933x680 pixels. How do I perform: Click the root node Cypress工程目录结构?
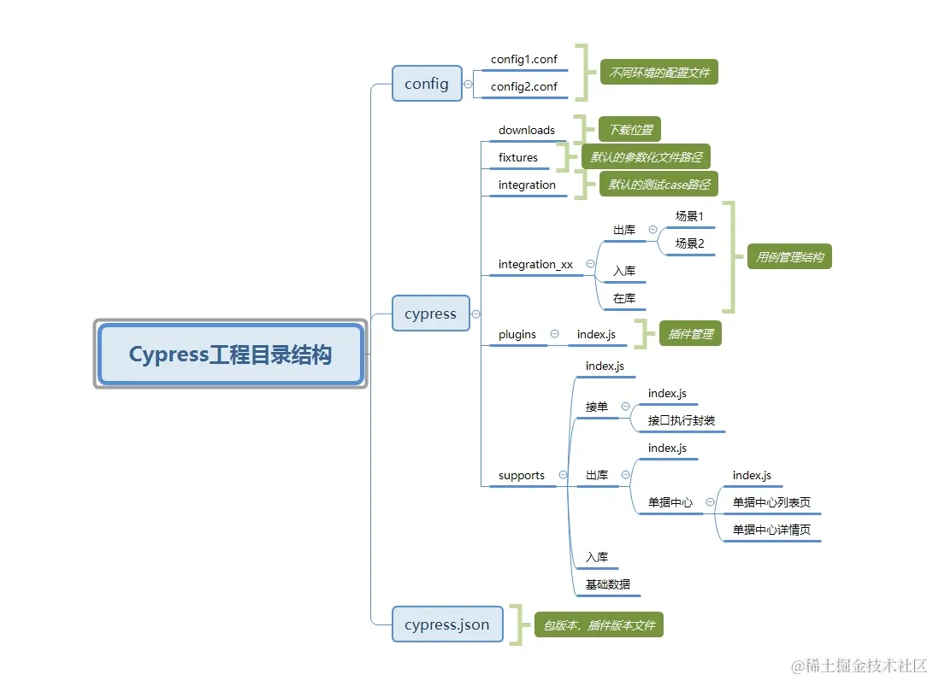pyautogui.click(x=230, y=355)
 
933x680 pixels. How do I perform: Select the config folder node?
pyautogui.click(x=427, y=83)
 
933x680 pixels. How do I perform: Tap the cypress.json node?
pyautogui.click(x=447, y=624)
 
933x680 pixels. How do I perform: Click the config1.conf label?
pyautogui.click(x=523, y=60)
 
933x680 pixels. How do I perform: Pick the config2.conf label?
pyautogui.click(x=523, y=86)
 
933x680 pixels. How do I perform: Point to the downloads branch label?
pyautogui.click(x=527, y=130)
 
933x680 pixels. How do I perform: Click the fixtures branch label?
pyautogui.click(x=518, y=157)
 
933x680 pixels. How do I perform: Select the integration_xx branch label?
pyautogui.click(x=535, y=264)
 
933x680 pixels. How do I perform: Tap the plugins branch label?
pyautogui.click(x=517, y=334)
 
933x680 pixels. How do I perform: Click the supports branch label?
pyautogui.click(x=522, y=475)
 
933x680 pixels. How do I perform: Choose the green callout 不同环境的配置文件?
pyautogui.click(x=658, y=73)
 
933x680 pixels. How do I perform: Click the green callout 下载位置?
pyautogui.click(x=629, y=130)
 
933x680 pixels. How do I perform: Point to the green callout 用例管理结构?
pyautogui.click(x=789, y=256)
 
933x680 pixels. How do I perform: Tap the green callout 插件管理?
pyautogui.click(x=690, y=334)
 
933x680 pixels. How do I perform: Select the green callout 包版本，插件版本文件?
pyautogui.click(x=599, y=625)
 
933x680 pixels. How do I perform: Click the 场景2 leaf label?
pyautogui.click(x=689, y=243)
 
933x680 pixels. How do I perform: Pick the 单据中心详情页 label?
pyautogui.click(x=771, y=530)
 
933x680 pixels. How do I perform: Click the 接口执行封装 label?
pyautogui.click(x=682, y=420)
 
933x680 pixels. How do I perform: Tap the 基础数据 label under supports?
pyautogui.click(x=608, y=584)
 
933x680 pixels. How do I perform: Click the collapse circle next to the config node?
pyautogui.click(x=468, y=84)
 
